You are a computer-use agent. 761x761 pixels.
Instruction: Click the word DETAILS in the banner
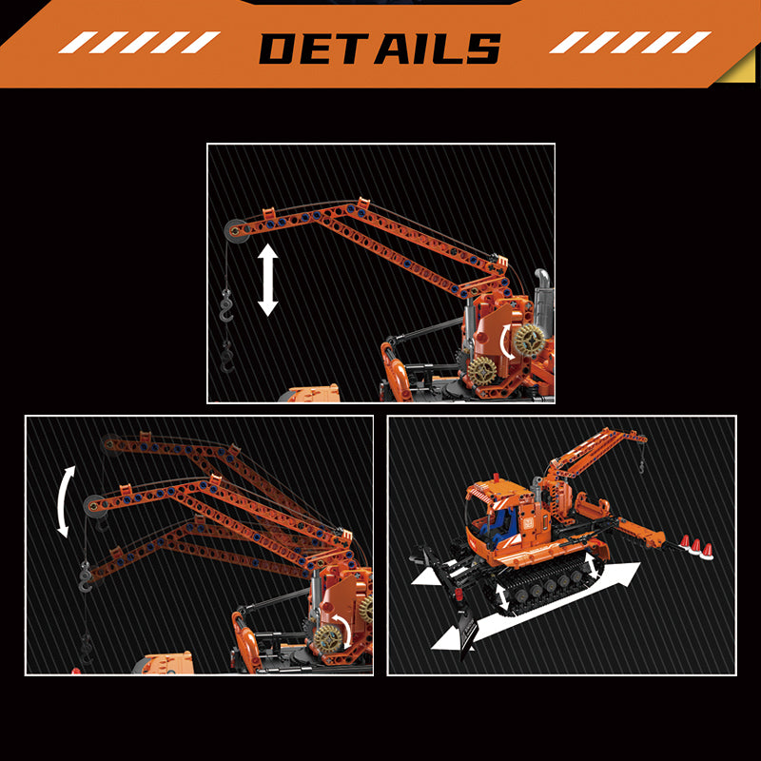[380, 49]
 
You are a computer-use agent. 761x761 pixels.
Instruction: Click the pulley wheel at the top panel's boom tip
[237, 230]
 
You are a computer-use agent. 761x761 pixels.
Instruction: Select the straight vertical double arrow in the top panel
[267, 280]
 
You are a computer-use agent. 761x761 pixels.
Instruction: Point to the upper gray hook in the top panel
[226, 306]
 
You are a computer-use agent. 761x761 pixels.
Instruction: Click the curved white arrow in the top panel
[506, 341]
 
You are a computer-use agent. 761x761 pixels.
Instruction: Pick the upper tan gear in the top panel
[530, 340]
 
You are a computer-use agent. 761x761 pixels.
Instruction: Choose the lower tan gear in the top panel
[482, 371]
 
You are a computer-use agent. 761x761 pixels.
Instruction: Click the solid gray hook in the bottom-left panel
[86, 576]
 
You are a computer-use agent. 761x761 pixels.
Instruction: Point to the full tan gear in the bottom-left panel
[328, 638]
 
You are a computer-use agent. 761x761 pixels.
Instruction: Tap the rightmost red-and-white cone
[707, 552]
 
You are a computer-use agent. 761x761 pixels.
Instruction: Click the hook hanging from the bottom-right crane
[641, 467]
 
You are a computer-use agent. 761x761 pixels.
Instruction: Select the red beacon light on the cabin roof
[496, 478]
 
